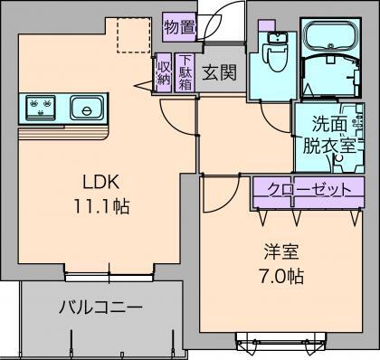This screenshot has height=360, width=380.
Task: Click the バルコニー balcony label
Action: pos(100,308)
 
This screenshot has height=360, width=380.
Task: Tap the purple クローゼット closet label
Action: pos(301,190)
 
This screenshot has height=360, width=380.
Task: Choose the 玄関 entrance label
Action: pos(220,71)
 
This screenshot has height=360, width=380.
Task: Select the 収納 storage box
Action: pos(164,71)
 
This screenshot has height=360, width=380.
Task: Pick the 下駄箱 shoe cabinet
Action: pos(185,71)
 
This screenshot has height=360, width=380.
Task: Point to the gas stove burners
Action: pos(42,109)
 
